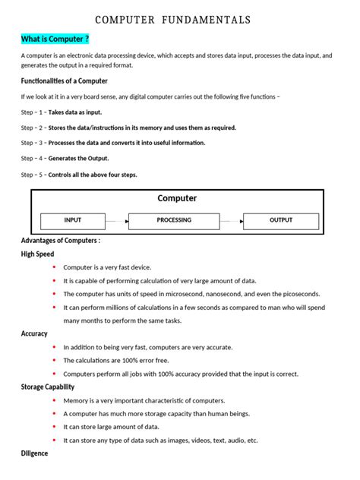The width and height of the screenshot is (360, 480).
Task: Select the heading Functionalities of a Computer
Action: tap(65, 81)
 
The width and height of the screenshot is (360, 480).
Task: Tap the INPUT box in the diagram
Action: tap(73, 220)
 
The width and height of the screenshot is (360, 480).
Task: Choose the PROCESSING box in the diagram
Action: tap(174, 220)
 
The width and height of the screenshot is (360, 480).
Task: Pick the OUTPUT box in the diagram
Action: tap(280, 220)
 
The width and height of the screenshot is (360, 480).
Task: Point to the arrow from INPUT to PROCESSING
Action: tap(116, 221)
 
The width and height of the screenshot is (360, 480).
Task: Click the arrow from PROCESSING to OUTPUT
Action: tap(231, 221)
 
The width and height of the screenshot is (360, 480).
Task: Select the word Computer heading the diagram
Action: tap(177, 198)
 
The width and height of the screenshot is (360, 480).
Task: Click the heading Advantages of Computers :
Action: tap(61, 241)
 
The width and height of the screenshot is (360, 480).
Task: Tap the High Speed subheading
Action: tap(38, 254)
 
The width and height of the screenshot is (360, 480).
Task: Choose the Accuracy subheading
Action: tap(34, 333)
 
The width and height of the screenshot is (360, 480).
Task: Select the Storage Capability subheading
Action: tap(48, 387)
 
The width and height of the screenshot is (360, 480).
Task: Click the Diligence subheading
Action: tap(34, 453)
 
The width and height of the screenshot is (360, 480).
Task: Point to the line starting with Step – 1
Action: tap(62, 112)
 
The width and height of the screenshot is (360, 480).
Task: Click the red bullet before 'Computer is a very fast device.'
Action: tap(55, 267)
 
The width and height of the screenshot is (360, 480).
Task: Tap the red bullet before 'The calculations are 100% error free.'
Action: tap(55, 360)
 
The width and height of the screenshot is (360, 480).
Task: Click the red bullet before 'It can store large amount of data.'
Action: tap(55, 427)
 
